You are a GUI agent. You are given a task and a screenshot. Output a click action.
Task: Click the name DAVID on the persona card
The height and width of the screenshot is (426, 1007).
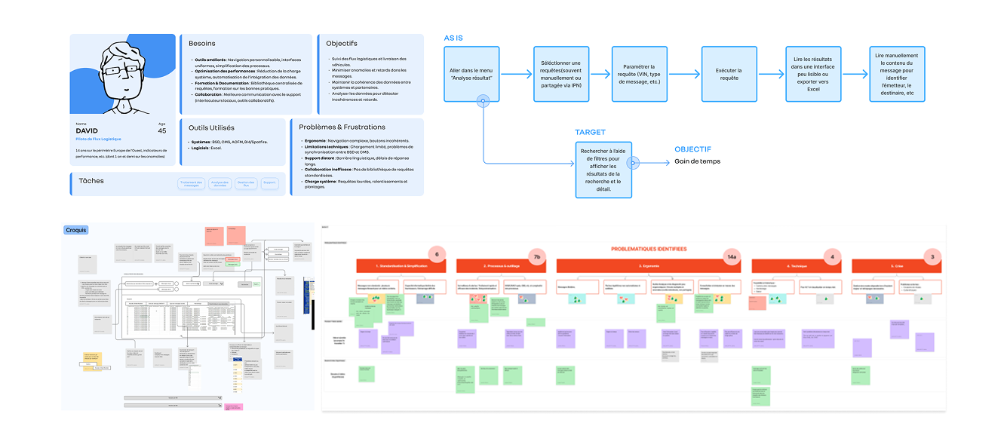pyautogui.click(x=87, y=130)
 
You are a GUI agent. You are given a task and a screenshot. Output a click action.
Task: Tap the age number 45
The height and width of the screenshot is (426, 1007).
pyautogui.click(x=161, y=130)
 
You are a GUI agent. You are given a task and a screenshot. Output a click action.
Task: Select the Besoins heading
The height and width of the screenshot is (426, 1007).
pyautogui.click(x=202, y=44)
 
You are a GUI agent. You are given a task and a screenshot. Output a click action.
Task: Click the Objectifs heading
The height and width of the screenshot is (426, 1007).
pyautogui.click(x=342, y=44)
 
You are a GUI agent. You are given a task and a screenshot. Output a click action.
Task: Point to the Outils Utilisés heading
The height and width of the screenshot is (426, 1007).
pyautogui.click(x=211, y=127)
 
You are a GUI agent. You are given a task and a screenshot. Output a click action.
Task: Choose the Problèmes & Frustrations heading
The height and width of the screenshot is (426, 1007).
pyautogui.click(x=342, y=127)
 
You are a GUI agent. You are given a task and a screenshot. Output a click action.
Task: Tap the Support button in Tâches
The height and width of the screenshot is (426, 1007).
pyautogui.click(x=270, y=183)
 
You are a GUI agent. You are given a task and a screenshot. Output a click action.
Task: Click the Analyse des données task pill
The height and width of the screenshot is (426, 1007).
pyautogui.click(x=220, y=183)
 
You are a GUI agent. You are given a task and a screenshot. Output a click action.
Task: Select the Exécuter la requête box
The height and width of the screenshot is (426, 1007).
pyautogui.click(x=729, y=74)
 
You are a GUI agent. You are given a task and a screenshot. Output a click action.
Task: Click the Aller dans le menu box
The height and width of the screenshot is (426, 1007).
pyautogui.click(x=471, y=74)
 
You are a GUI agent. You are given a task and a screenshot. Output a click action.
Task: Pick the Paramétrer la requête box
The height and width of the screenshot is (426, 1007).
pyautogui.click(x=637, y=74)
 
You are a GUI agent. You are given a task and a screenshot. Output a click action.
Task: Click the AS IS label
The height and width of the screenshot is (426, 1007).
pyautogui.click(x=453, y=37)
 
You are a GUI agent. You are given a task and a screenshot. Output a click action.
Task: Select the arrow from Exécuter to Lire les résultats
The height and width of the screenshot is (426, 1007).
pyautogui.click(x=770, y=74)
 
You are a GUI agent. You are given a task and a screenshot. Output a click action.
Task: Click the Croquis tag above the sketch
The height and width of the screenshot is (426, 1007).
pyautogui.click(x=75, y=229)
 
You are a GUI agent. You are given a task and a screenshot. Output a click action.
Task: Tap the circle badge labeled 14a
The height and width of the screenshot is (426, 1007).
pyautogui.click(x=731, y=257)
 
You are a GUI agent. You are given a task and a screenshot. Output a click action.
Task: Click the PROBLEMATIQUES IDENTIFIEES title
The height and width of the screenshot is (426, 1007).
pyautogui.click(x=648, y=249)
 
